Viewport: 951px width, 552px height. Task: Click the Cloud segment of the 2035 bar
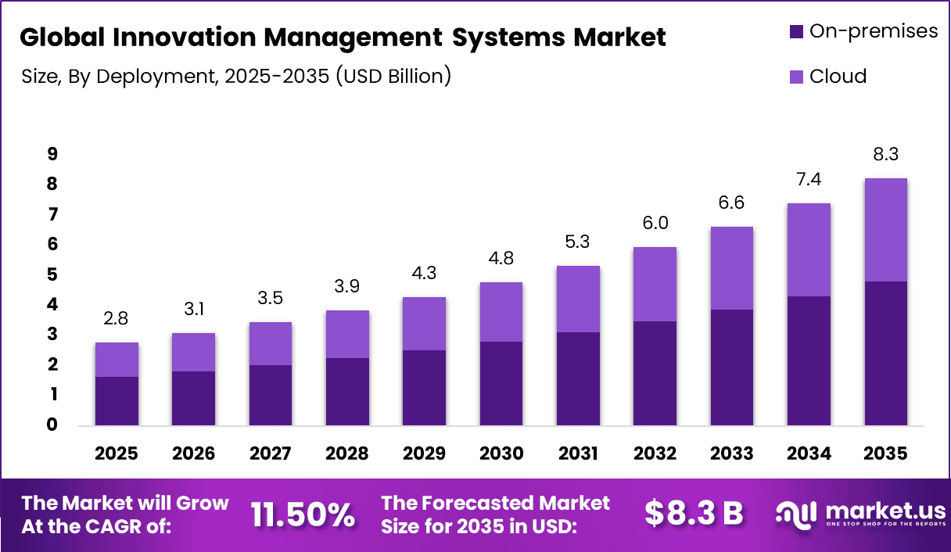click(886, 230)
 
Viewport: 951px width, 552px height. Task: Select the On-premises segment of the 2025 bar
click(117, 401)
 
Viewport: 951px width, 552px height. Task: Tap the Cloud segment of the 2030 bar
click(501, 312)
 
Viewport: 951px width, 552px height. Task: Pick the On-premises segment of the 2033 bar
click(731, 367)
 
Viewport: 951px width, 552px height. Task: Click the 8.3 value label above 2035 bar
click(886, 154)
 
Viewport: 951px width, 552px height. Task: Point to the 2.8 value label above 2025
click(117, 318)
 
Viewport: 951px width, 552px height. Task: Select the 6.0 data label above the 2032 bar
click(655, 223)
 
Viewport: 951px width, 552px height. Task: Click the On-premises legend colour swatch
click(796, 32)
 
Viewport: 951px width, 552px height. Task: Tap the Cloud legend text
click(838, 77)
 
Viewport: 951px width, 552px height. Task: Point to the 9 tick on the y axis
click(52, 154)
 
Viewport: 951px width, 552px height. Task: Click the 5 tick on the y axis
click(52, 274)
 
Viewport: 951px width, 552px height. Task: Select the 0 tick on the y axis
click(52, 425)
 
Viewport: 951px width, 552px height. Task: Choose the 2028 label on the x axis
click(347, 454)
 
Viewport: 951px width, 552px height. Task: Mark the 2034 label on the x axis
click(809, 454)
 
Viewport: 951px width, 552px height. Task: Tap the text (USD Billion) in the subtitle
click(393, 77)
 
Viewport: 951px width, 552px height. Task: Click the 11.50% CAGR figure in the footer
click(303, 514)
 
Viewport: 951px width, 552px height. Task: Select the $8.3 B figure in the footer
click(693, 514)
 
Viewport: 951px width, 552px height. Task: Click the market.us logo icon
click(795, 514)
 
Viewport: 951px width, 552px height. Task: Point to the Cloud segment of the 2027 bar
click(270, 343)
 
